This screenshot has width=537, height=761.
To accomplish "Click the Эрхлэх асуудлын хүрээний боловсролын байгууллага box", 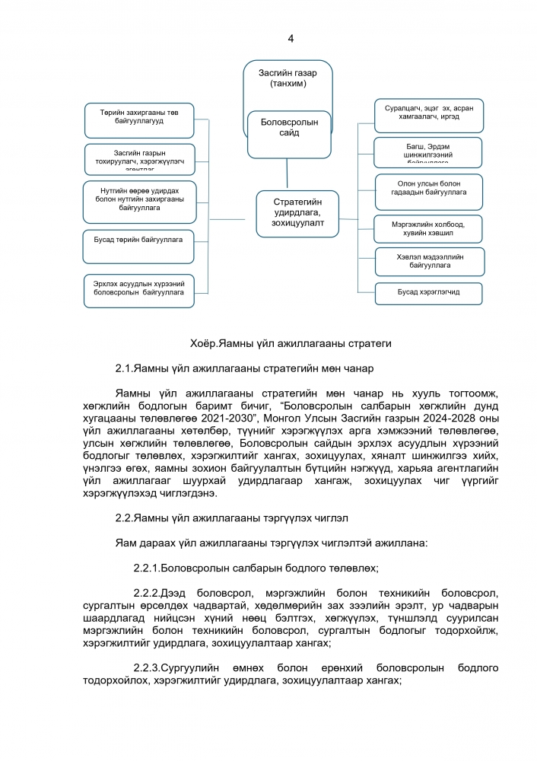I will [x=138, y=290].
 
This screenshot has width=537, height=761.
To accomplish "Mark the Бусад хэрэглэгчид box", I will [x=428, y=292].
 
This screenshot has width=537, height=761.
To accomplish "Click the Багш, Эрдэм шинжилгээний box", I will [x=428, y=151].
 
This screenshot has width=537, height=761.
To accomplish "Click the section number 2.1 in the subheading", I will [x=124, y=369].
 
